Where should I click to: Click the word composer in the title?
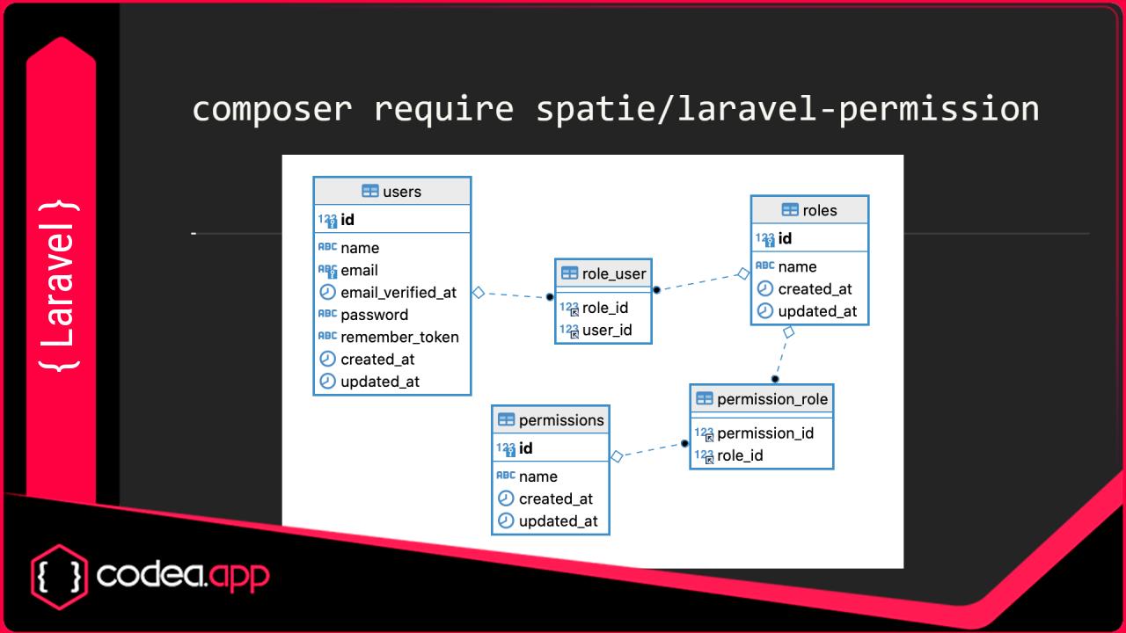click(x=272, y=109)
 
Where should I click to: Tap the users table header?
click(x=392, y=192)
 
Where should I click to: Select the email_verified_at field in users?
click(x=398, y=293)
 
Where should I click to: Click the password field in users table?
click(x=374, y=315)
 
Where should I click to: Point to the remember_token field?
click(x=398, y=337)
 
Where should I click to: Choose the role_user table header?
click(x=603, y=273)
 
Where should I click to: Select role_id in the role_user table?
click(x=605, y=308)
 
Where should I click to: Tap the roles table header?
click(x=809, y=210)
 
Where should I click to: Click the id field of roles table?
click(x=785, y=238)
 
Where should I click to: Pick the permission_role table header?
click(x=762, y=399)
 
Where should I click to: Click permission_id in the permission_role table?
click(x=764, y=433)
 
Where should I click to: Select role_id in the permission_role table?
click(x=740, y=455)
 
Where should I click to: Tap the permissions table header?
click(x=551, y=420)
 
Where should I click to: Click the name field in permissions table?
click(x=537, y=477)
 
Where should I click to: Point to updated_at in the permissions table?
click(x=558, y=520)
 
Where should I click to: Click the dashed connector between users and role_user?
click(x=514, y=295)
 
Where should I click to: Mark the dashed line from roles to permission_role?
click(x=782, y=355)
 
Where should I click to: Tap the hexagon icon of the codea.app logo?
click(x=60, y=576)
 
